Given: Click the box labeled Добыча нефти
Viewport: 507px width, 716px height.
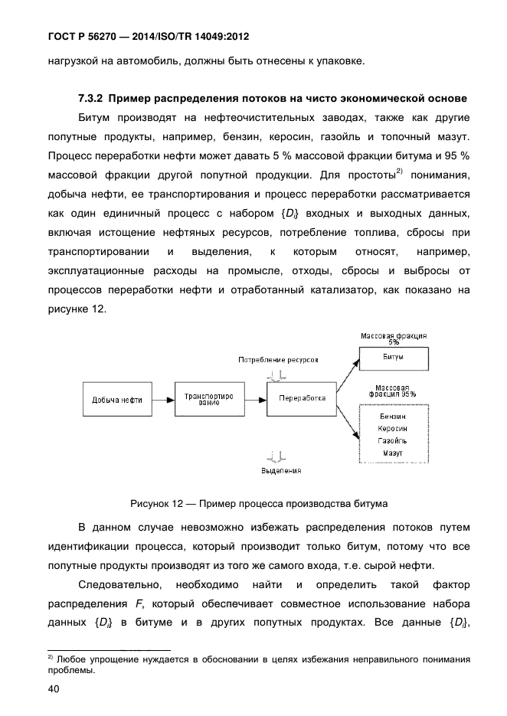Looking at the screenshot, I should [116, 400].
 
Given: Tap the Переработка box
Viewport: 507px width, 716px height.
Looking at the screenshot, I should [302, 398].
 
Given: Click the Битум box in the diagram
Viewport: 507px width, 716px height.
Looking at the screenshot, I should [394, 358].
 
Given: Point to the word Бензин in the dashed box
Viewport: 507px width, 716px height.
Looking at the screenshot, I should [393, 416].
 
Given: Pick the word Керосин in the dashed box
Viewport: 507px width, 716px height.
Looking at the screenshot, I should [393, 429].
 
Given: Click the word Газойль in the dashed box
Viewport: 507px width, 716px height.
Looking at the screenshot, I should [393, 441].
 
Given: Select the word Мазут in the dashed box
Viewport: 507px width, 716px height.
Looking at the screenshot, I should [393, 454].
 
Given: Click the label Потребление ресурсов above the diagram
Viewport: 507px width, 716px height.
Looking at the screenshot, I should [277, 359].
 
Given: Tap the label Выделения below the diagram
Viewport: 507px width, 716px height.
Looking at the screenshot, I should [279, 471].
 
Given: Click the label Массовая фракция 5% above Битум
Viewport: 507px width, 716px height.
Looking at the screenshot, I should [394, 339].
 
